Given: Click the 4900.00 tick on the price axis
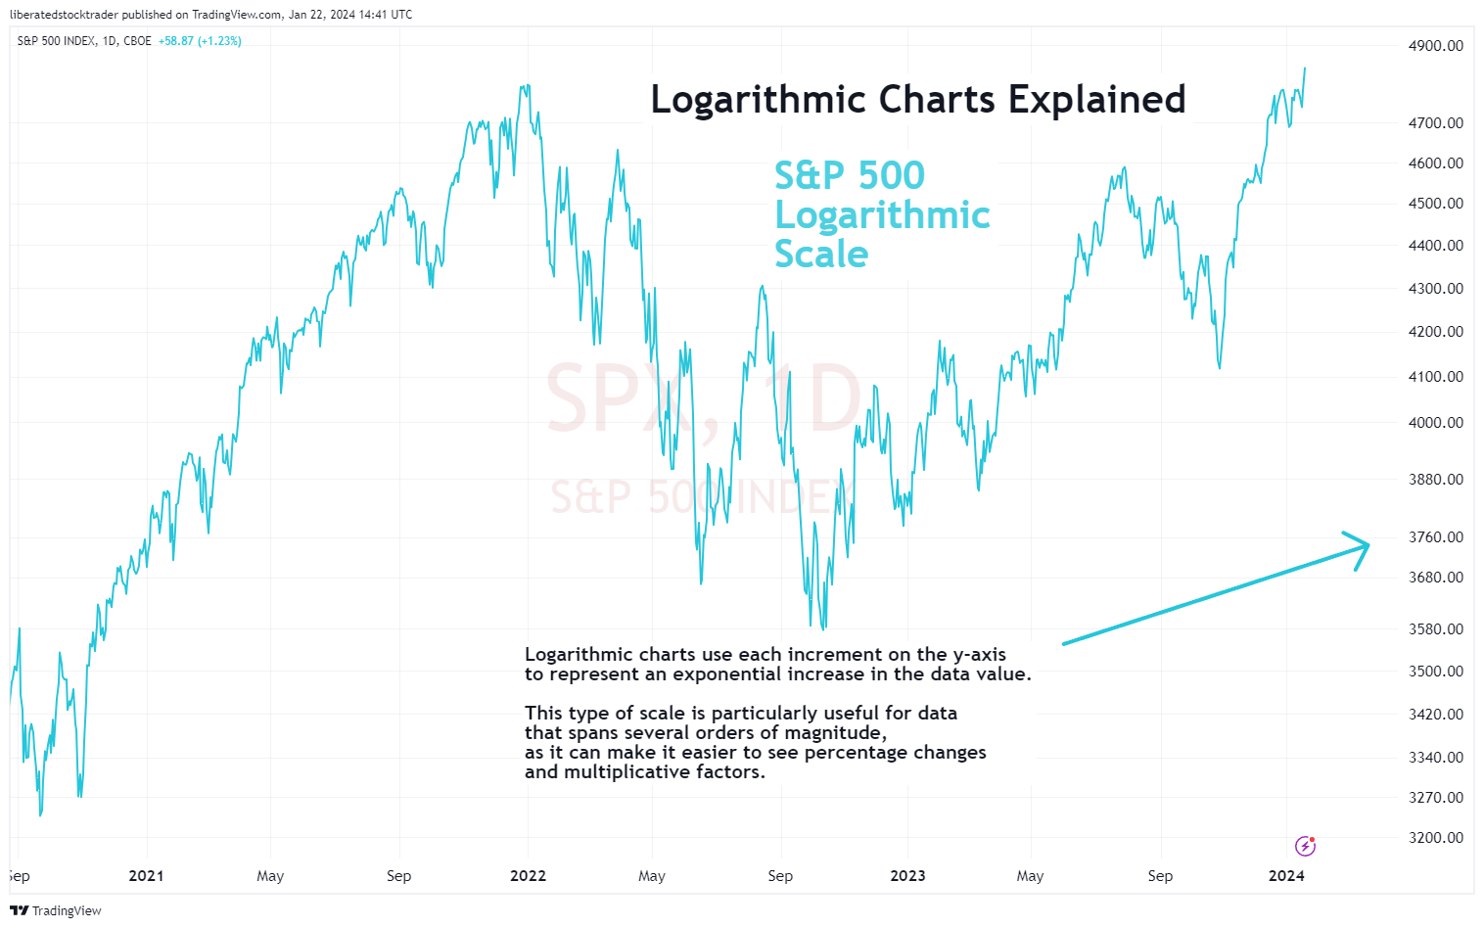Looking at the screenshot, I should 1436,46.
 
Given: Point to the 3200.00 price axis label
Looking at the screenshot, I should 1436,838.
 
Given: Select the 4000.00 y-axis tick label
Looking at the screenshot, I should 1436,423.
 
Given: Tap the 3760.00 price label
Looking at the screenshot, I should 1436,537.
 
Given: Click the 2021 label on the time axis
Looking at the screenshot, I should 147,876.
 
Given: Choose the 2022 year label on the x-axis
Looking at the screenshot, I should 529,876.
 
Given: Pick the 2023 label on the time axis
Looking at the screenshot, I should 907,876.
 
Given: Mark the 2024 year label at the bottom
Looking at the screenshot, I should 1286,876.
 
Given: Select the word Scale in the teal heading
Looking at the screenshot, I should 821,255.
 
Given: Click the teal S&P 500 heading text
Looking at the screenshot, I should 849,176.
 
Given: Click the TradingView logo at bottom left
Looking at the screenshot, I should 56,911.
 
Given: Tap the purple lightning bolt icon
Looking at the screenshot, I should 1305,846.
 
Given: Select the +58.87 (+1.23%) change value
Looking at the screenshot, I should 200,41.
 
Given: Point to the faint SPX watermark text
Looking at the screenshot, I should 621,398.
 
